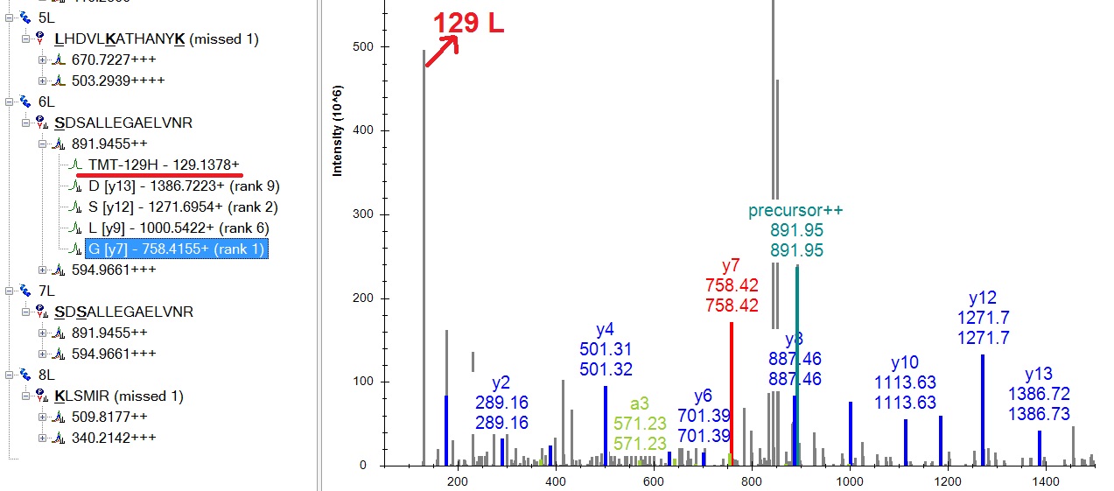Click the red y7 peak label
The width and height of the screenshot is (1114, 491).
click(x=731, y=264)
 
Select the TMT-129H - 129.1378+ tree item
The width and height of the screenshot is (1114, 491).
click(x=163, y=165)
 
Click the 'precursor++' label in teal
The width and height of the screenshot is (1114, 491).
click(x=795, y=211)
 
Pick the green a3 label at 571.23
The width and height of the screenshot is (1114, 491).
click(x=640, y=404)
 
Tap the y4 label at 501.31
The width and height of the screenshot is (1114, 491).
click(x=605, y=330)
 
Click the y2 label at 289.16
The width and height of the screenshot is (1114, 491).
click(x=501, y=382)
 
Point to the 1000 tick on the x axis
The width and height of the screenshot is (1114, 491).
click(x=850, y=481)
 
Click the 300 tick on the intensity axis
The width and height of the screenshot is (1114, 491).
click(x=359, y=214)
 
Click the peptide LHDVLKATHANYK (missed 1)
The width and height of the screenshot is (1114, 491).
click(x=156, y=39)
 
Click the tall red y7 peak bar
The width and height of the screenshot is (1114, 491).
click(x=731, y=394)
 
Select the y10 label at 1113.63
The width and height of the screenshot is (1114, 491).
click(x=905, y=361)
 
